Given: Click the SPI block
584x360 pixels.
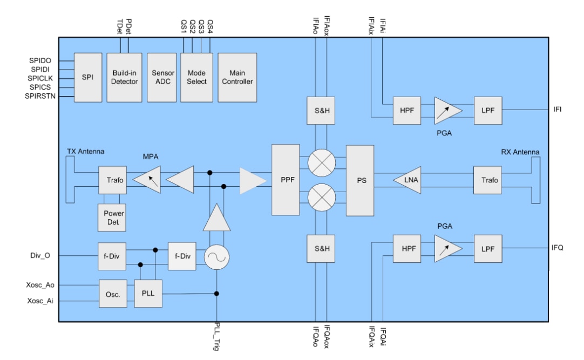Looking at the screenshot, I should pyautogui.click(x=88, y=77).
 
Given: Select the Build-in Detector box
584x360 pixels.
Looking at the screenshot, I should pyautogui.click(x=124, y=77).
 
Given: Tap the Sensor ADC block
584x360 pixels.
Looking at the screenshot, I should pyautogui.click(x=162, y=77).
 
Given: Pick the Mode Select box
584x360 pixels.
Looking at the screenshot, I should pyautogui.click(x=196, y=77).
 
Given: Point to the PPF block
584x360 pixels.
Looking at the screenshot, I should pyautogui.click(x=287, y=180).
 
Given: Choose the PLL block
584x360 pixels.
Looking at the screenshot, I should pyautogui.click(x=148, y=294).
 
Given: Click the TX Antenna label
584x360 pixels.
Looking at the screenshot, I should pyautogui.click(x=85, y=151).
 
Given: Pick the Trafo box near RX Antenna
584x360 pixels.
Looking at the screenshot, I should pyautogui.click(x=490, y=180).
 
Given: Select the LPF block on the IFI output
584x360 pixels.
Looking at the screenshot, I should pyautogui.click(x=488, y=110).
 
